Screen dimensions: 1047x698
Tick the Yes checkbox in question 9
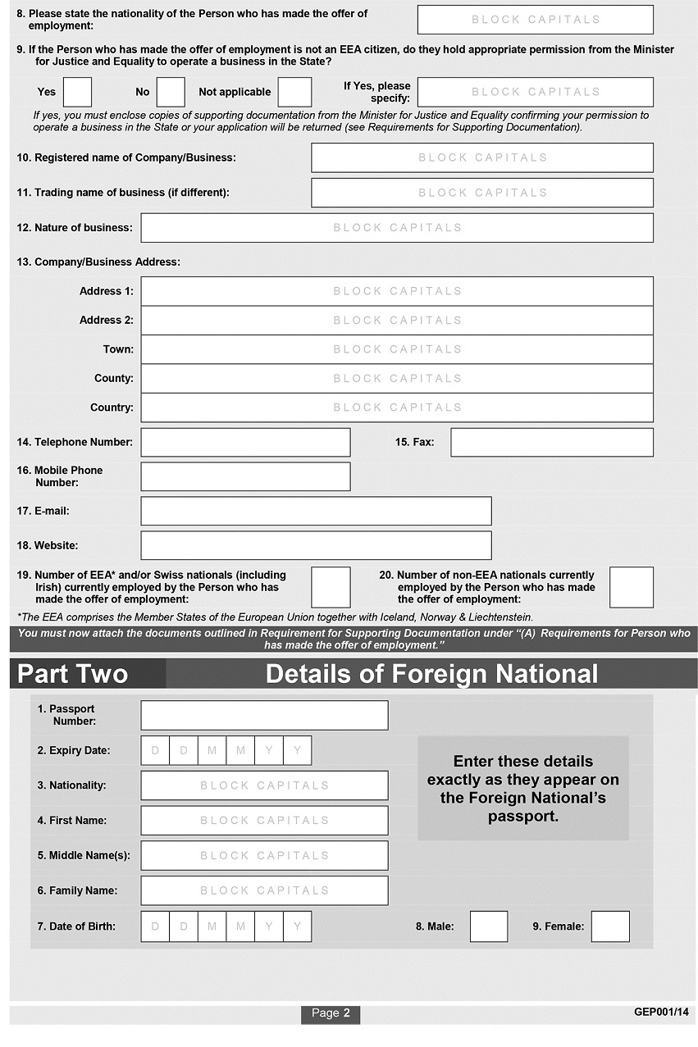(x=77, y=92)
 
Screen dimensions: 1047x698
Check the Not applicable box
(x=294, y=92)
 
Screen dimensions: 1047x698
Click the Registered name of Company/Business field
(x=481, y=157)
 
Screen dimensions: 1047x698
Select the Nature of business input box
(x=397, y=228)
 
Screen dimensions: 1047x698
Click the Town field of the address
(x=397, y=349)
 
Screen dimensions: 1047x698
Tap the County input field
(x=397, y=378)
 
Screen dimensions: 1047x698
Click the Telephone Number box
(x=245, y=442)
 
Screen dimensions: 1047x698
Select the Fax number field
(x=551, y=442)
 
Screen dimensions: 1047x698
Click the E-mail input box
(x=316, y=511)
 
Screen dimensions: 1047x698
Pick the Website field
(x=316, y=545)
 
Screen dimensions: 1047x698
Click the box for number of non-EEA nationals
(x=632, y=587)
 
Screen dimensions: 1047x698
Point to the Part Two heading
(x=73, y=674)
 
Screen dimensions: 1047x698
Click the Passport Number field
(x=264, y=715)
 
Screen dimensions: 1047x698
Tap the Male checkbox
(x=488, y=926)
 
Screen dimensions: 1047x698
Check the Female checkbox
(x=610, y=926)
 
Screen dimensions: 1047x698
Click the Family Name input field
(x=264, y=890)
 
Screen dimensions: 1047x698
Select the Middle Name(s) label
(x=84, y=855)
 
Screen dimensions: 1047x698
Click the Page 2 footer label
(x=331, y=1013)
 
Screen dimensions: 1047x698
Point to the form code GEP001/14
(x=662, y=1012)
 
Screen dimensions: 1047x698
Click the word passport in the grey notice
(x=522, y=817)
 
